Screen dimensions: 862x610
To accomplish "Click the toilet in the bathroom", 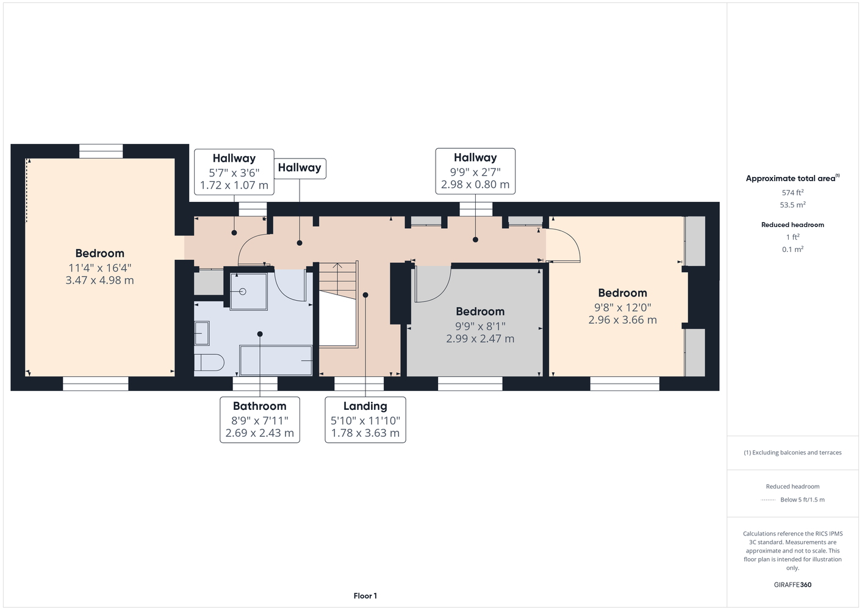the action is click(x=209, y=362).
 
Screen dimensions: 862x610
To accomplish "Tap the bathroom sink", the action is click(x=202, y=333).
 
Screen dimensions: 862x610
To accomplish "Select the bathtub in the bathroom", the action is click(x=276, y=361).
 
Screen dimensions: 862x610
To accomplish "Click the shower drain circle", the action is click(x=242, y=292).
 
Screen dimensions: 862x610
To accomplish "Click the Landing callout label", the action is click(x=365, y=420).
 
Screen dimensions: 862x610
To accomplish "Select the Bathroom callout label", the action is click(x=260, y=420).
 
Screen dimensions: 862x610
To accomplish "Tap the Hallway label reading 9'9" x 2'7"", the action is click(x=475, y=171).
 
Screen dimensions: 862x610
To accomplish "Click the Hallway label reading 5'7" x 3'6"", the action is click(x=234, y=171).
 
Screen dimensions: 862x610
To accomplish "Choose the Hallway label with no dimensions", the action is click(x=300, y=168).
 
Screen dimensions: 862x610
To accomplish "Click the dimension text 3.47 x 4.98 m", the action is click(x=99, y=280).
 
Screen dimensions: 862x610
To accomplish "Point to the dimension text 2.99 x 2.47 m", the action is click(x=480, y=339).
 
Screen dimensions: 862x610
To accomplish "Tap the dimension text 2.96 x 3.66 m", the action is click(x=623, y=320).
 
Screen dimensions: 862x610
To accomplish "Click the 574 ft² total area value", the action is click(x=792, y=192).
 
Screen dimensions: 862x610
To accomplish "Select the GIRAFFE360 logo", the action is click(x=792, y=584).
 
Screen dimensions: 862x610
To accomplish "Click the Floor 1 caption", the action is click(x=365, y=596).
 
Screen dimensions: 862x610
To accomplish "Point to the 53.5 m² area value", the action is click(x=792, y=205).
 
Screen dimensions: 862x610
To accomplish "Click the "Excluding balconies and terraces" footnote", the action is click(x=792, y=453).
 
